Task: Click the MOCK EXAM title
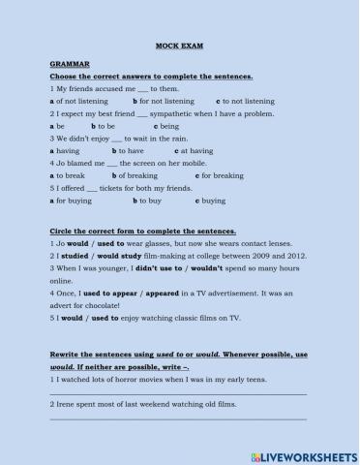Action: click(x=179, y=45)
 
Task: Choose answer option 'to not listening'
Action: click(x=249, y=101)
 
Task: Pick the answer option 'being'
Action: click(x=170, y=126)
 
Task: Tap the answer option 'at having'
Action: click(x=196, y=151)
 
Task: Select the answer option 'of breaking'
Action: click(x=136, y=176)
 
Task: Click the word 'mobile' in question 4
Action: click(x=208, y=164)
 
